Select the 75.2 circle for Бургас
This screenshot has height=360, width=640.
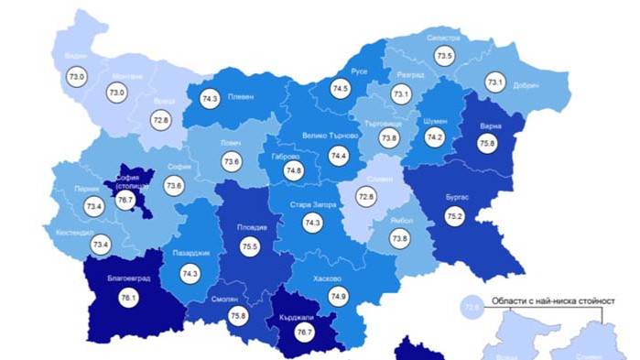(x=455, y=215)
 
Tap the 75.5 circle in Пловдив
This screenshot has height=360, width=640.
(x=250, y=246)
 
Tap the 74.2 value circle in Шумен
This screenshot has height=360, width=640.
(x=435, y=137)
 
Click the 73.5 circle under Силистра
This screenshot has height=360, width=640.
(x=445, y=56)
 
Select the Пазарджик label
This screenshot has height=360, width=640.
(x=190, y=252)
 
